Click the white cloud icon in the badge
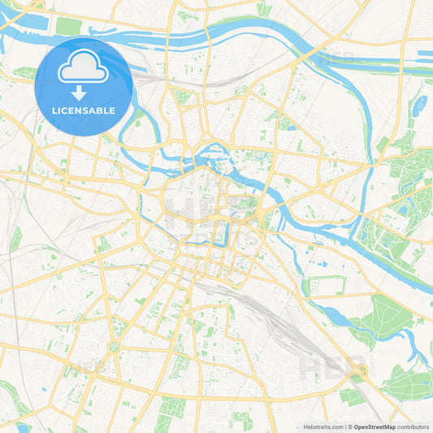point(84,70)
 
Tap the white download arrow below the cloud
point(79,92)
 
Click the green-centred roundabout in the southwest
point(114,346)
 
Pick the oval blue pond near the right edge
point(419,105)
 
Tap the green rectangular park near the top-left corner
point(68,26)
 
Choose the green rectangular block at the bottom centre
point(172,407)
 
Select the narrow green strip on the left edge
point(15,239)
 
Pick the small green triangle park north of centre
point(184,97)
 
